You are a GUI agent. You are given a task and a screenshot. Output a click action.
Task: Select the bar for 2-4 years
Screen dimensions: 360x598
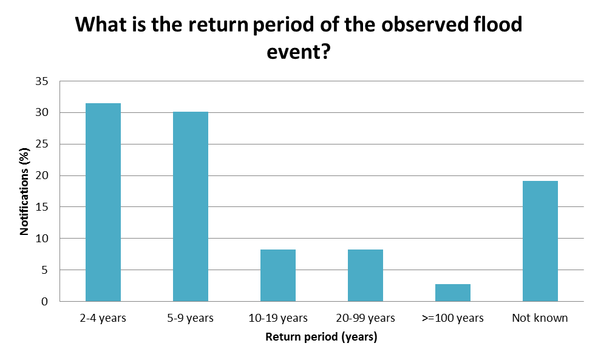(103, 202)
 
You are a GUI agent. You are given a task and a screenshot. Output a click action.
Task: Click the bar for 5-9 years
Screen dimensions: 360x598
(190, 206)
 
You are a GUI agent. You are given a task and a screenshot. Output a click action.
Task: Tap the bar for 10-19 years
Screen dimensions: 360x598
(277, 275)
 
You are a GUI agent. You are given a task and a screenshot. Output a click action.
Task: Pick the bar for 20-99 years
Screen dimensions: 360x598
(365, 275)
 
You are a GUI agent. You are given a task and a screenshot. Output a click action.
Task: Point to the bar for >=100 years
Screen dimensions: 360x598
(452, 293)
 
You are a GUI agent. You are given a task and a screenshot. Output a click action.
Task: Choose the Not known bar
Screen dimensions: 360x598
(540, 241)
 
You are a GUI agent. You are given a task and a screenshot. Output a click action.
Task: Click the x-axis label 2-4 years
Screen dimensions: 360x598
(103, 318)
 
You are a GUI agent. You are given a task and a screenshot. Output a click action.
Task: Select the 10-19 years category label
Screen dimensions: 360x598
(277, 318)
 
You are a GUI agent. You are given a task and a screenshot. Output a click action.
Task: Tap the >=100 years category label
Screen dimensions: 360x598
(452, 318)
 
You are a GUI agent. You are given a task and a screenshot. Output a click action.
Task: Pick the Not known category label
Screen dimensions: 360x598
(540, 318)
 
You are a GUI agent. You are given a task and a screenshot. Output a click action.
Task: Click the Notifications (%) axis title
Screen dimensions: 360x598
(25, 191)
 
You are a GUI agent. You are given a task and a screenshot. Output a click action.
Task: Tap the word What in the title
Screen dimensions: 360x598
(100, 25)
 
